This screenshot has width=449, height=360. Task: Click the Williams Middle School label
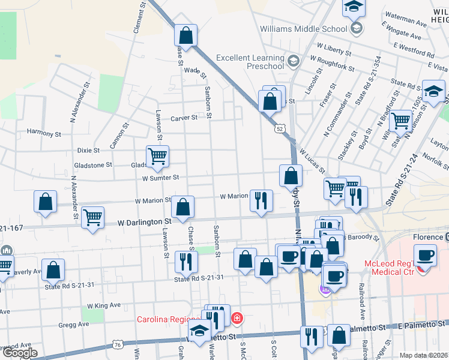(x=303, y=28)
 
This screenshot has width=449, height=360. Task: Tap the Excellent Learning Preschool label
(x=250, y=62)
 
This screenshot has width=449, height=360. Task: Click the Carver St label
(x=184, y=118)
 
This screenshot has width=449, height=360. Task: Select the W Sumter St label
(x=160, y=178)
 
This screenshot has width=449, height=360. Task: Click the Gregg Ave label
(x=74, y=324)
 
